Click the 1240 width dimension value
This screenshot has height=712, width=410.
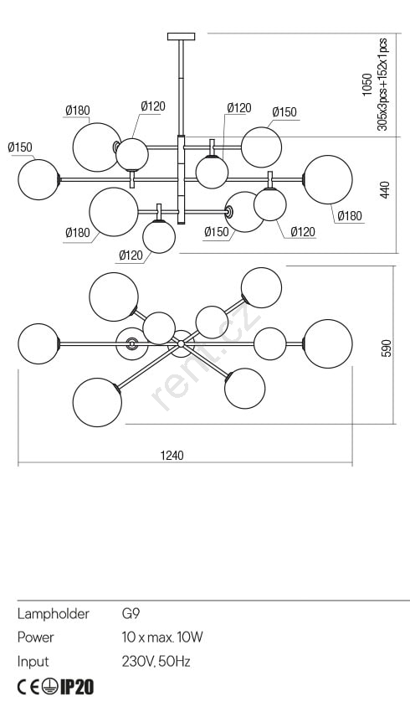tap(172, 455)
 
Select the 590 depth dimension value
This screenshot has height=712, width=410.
tap(386, 348)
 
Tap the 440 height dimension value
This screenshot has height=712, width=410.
tap(385, 189)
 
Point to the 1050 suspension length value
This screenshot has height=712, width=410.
tap(367, 85)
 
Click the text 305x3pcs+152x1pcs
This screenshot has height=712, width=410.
tap(382, 85)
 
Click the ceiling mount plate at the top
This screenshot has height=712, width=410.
tap(181, 36)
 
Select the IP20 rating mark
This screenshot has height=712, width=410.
tap(77, 688)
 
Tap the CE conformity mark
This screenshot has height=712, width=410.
tap(28, 688)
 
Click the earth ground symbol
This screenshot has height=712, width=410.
tap(50, 688)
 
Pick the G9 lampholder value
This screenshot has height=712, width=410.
tap(131, 614)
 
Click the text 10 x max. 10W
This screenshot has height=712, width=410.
tap(162, 637)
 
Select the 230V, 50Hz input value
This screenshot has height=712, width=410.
tap(156, 662)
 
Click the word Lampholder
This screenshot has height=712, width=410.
tap(53, 614)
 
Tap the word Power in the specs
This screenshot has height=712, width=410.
tap(35, 637)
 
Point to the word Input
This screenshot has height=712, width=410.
tap(33, 662)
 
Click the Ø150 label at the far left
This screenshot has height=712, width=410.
tap(20, 147)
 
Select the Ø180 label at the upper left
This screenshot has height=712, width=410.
tap(78, 111)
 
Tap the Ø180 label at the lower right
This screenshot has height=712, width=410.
tap(350, 215)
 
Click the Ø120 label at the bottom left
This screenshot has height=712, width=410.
tap(131, 255)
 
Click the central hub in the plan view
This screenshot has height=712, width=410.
tap(181, 343)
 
